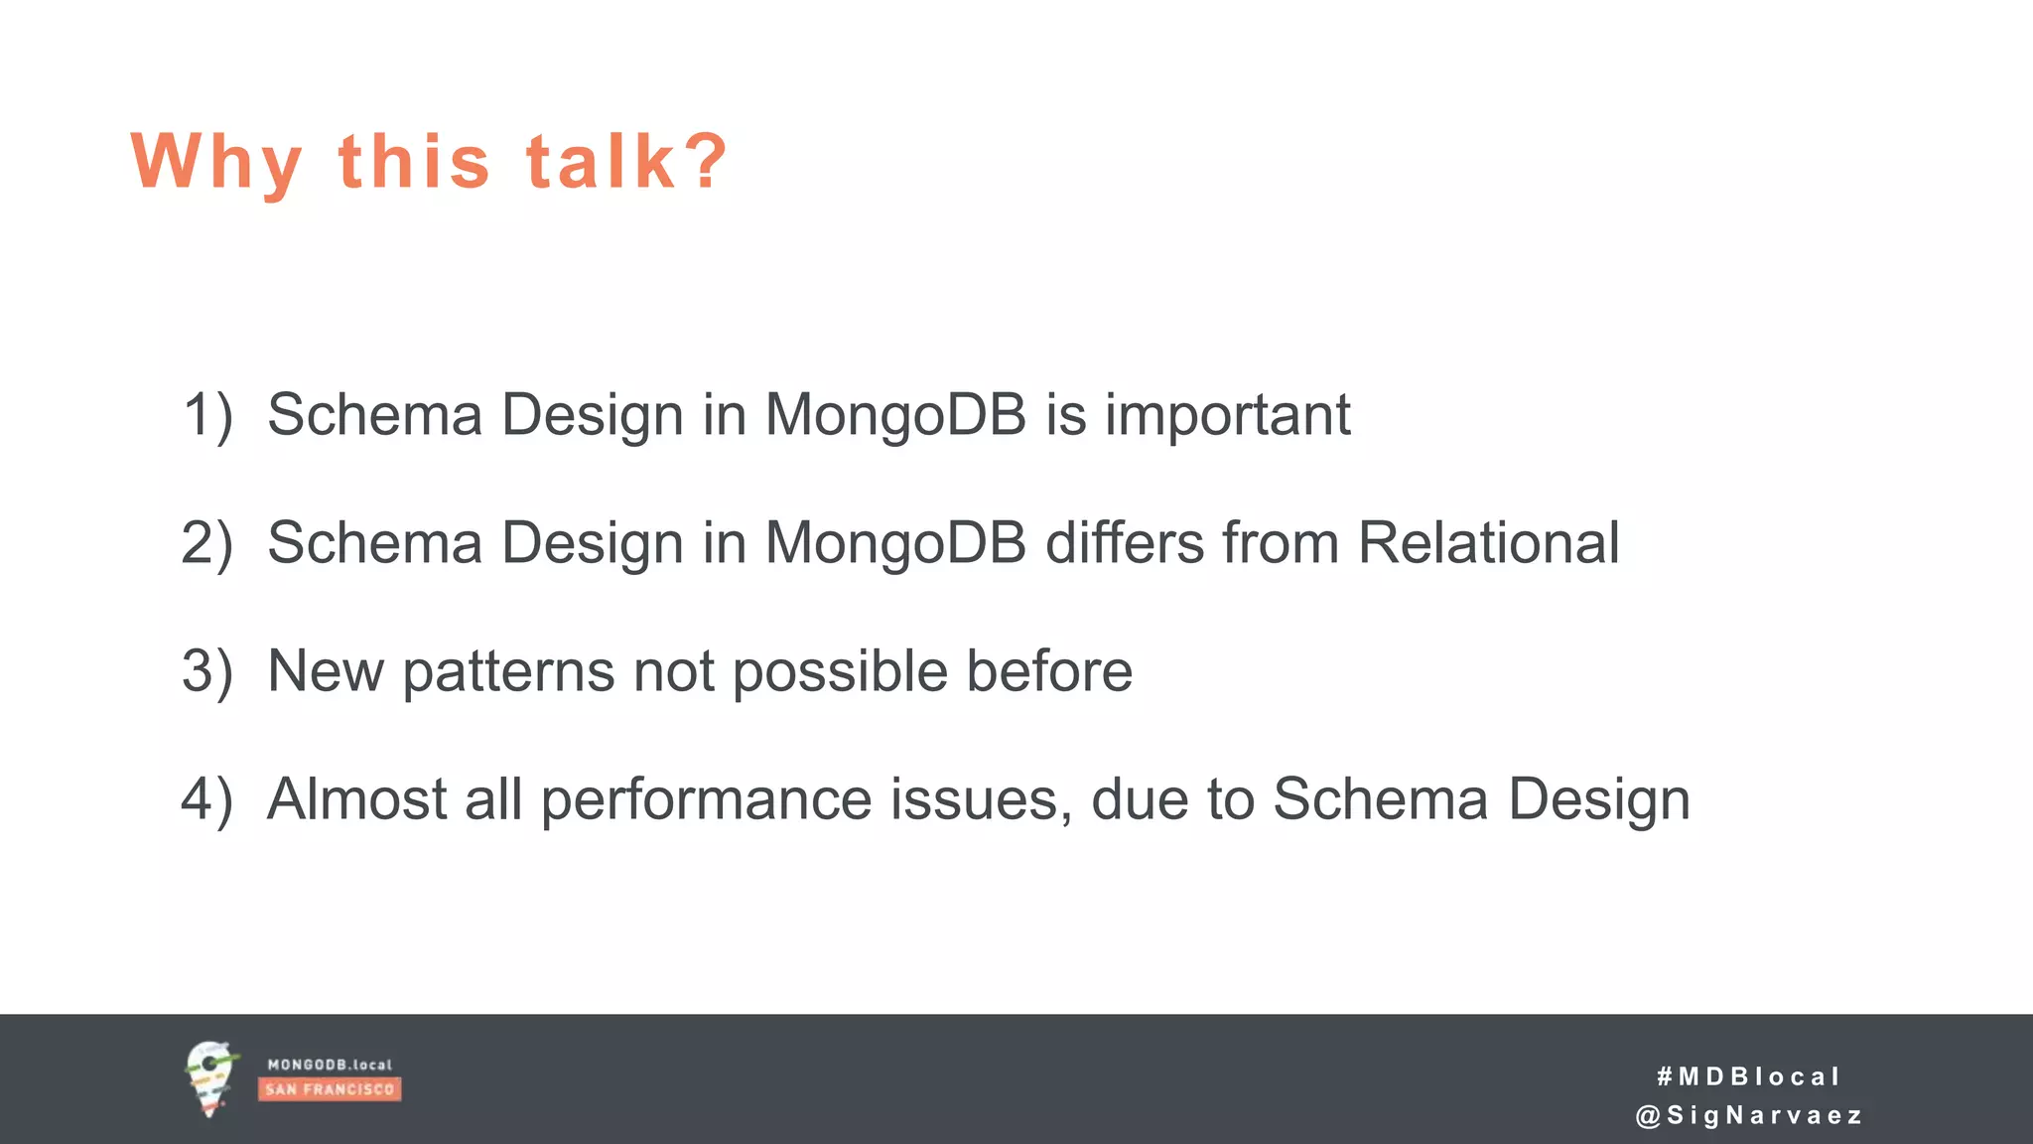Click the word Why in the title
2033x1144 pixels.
pos(216,163)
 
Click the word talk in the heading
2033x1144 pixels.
pos(601,161)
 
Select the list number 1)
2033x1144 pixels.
pos(207,414)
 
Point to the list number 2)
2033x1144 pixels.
pos(207,543)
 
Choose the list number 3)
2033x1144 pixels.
pos(207,671)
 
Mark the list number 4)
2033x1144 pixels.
pos(207,799)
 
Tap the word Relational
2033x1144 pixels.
pos(1488,543)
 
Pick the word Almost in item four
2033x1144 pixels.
pos(356,799)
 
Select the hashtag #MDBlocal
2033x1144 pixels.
pos(1748,1076)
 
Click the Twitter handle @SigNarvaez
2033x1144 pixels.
pos(1748,1116)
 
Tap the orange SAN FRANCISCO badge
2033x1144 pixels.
pos(330,1089)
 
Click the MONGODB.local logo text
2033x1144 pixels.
pos(330,1065)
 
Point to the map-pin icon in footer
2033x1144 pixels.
pos(210,1078)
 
